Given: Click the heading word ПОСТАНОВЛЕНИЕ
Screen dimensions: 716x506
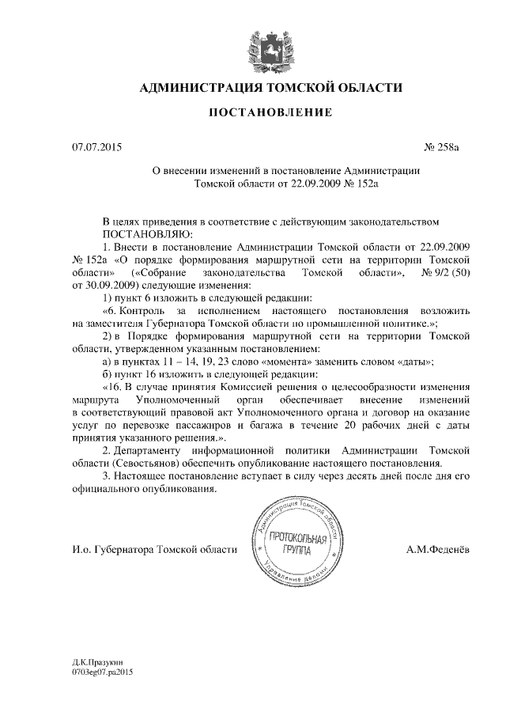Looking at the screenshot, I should click(x=270, y=113).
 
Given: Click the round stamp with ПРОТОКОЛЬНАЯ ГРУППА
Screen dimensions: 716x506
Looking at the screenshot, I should click(x=293, y=544).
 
